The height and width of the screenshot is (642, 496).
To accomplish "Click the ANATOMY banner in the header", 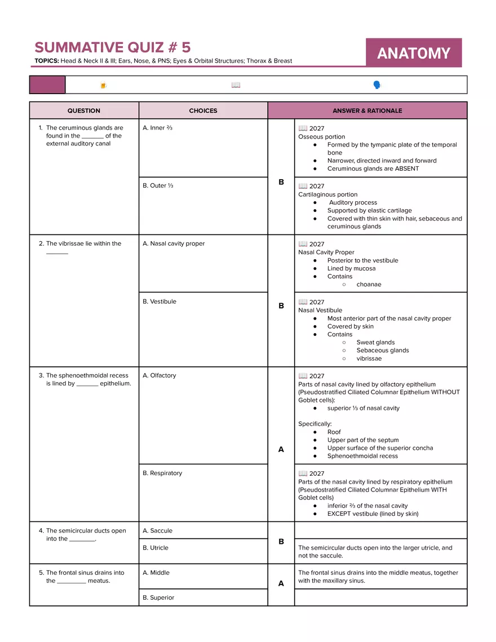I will (x=414, y=53).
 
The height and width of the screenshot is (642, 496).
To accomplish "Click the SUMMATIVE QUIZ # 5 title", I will (x=113, y=47).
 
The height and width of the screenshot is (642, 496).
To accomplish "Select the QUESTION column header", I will (x=84, y=110).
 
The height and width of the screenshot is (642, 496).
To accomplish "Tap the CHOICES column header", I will (x=203, y=110).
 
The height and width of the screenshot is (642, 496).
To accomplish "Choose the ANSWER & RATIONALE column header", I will (x=367, y=110).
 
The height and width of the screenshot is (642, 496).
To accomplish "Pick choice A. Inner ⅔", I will (x=158, y=128).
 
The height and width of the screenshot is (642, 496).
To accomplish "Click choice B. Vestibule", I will (x=160, y=302).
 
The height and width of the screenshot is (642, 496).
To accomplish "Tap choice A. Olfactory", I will (x=160, y=375).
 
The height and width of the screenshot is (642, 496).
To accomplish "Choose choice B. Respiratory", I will (x=162, y=473).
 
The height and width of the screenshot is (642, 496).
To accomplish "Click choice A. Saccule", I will (x=158, y=531).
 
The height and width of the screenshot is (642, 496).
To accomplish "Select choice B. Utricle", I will (x=156, y=548).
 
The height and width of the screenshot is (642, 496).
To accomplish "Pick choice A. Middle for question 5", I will (x=156, y=573).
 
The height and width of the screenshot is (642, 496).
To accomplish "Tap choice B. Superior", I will (x=158, y=598).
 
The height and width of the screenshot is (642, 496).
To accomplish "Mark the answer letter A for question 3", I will (x=281, y=450).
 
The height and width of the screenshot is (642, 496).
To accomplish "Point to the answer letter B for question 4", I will (x=281, y=542).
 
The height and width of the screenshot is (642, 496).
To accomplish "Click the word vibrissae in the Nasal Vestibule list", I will (x=369, y=358).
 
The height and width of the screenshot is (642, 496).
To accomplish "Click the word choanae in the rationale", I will (x=369, y=285).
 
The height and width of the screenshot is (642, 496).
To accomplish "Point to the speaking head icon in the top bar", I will (x=377, y=85).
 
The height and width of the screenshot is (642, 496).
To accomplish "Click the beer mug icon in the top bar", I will (x=103, y=85).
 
